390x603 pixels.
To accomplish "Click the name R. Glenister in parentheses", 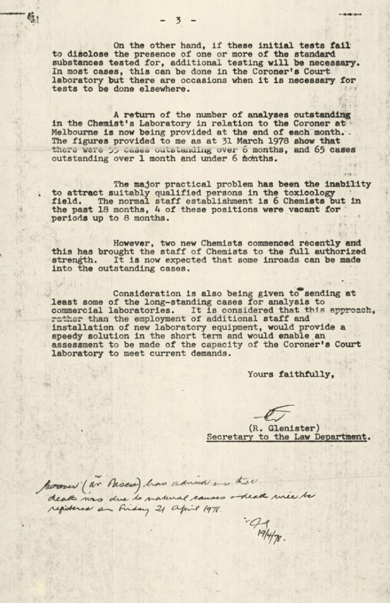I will tap(285, 428).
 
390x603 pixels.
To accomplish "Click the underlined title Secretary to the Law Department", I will tap(289, 437).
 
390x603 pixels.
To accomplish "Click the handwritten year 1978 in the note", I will tap(211, 508).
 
